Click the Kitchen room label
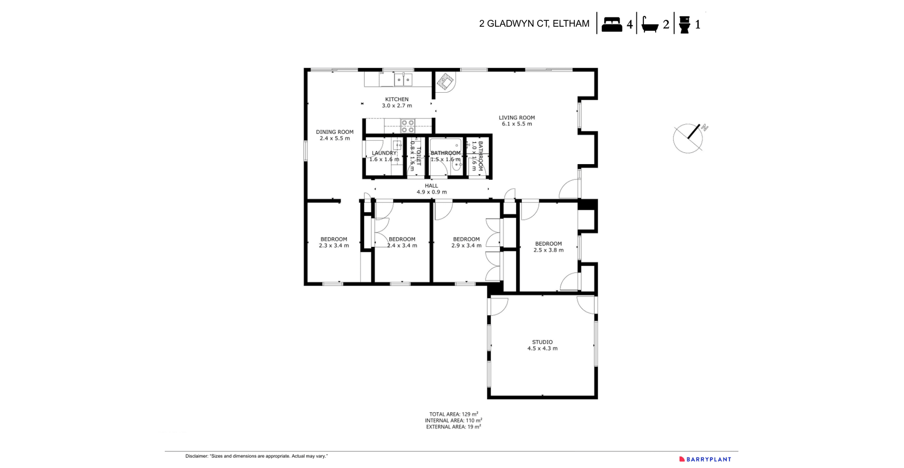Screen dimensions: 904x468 tap(396, 99)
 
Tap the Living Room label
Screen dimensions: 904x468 tap(516, 117)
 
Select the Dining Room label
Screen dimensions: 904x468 tap(335, 132)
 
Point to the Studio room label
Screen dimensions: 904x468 tap(542, 342)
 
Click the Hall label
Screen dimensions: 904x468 tap(431, 186)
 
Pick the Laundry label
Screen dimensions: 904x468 tap(384, 153)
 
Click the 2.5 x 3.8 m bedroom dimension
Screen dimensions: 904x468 tap(548, 250)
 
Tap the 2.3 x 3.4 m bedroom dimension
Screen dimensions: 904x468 tap(334, 245)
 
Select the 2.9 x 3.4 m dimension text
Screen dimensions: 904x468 tap(466, 245)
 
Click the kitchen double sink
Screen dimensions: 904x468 tap(403, 79)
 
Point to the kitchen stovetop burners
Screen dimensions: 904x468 tap(407, 126)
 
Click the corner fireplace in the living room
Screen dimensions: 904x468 tap(445, 81)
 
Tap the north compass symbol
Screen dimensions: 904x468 tap(689, 138)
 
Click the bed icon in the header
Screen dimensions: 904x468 tap(612, 24)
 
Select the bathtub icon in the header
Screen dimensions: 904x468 tap(650, 24)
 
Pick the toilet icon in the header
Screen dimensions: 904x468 tap(684, 24)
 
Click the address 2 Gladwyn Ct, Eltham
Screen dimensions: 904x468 tap(534, 24)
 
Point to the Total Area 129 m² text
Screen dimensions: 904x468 tap(453, 414)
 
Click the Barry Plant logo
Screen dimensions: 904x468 tap(705, 459)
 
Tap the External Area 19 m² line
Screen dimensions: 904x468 tap(453, 426)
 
